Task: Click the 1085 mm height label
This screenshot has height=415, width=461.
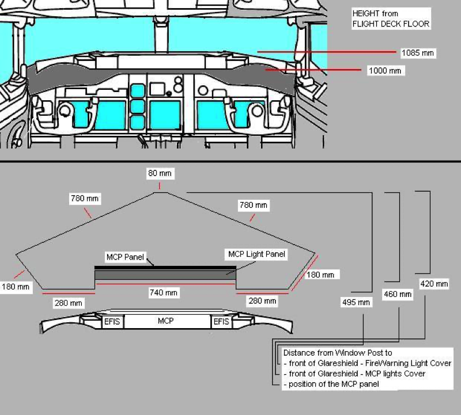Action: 417,53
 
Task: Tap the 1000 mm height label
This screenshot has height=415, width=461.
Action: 384,70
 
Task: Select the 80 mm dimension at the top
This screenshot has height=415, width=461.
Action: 160,173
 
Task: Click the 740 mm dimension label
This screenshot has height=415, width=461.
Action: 163,293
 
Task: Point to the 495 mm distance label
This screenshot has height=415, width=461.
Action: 356,302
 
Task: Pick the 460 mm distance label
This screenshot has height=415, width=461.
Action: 398,294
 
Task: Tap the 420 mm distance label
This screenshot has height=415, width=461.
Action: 434,284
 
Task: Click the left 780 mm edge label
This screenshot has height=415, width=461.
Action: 85,199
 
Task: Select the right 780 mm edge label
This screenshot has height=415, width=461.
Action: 253,205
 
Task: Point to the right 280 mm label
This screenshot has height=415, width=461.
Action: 262,300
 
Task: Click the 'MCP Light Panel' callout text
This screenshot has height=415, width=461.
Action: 257,253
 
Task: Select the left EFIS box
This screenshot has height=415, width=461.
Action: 112,321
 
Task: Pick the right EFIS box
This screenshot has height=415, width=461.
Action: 222,321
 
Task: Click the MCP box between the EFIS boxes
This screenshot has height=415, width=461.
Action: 166,321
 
